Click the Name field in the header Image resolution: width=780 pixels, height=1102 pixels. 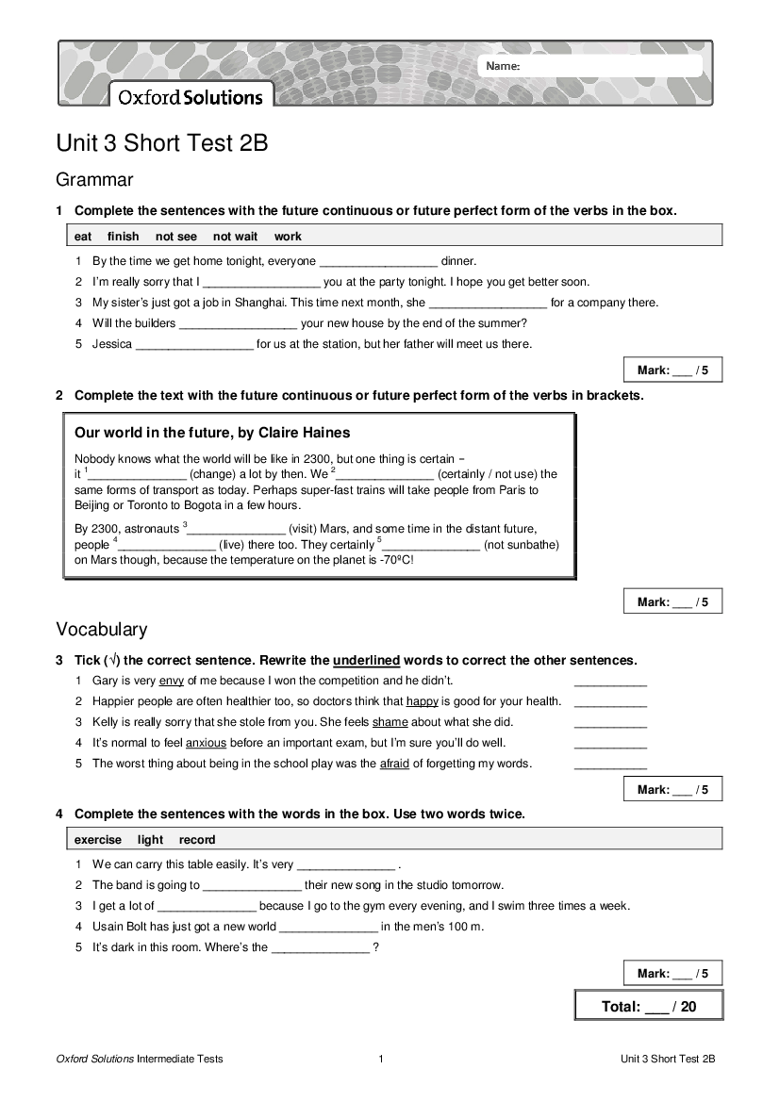[591, 66]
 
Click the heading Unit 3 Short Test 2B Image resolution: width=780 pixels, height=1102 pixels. [162, 143]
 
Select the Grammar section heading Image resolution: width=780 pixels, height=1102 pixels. [94, 179]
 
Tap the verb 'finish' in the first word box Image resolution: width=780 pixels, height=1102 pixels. [123, 237]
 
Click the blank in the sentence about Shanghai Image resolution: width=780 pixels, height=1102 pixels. [488, 304]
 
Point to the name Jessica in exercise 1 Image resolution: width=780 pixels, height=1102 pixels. [112, 344]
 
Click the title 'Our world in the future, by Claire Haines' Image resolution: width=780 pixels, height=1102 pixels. [212, 433]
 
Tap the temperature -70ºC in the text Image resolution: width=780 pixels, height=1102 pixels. [395, 560]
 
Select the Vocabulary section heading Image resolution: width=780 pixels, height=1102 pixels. [102, 629]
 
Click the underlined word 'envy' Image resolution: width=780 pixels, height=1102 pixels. [171, 681]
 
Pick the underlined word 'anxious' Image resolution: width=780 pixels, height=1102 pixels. [207, 743]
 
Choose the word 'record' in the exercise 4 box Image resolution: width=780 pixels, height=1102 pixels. [197, 840]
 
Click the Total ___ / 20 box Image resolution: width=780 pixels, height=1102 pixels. [649, 1006]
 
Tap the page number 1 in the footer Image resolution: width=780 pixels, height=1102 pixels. [381, 1060]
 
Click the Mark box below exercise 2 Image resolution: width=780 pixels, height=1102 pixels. [672, 601]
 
